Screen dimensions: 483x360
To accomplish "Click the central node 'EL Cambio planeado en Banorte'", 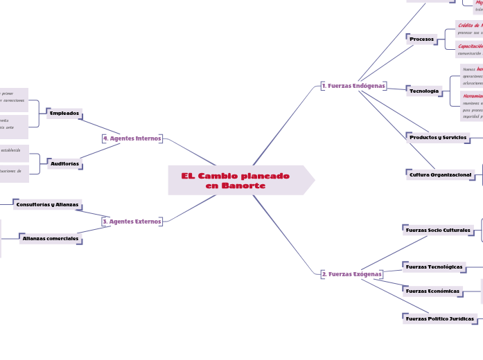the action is [x=236, y=180].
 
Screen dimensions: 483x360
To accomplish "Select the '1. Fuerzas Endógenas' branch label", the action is [x=353, y=105].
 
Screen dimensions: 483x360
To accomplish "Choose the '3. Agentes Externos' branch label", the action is [x=132, y=222].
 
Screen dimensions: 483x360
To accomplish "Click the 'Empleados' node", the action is [x=64, y=113].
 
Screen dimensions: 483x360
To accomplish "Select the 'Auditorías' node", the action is [x=64, y=163].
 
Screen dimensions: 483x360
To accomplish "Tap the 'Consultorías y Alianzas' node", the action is [x=47, y=205].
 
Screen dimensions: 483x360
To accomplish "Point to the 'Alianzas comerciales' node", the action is [x=51, y=238].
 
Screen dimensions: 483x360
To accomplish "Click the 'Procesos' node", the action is [x=422, y=39].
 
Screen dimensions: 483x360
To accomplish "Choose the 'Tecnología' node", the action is [x=424, y=110].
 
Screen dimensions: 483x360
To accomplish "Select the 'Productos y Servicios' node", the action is [x=438, y=137].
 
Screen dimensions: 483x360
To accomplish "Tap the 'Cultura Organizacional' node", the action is [x=440, y=175].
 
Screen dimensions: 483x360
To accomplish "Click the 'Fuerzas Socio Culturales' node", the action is [x=438, y=230].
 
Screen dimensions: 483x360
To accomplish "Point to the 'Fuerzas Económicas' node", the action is [x=433, y=291].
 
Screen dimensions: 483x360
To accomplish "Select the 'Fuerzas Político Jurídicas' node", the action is [x=440, y=318].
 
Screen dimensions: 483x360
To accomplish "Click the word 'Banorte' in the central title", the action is [x=236, y=186].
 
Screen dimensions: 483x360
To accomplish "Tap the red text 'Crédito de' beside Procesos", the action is [x=470, y=25].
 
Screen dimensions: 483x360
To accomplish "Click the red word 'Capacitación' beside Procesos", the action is [x=470, y=46].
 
